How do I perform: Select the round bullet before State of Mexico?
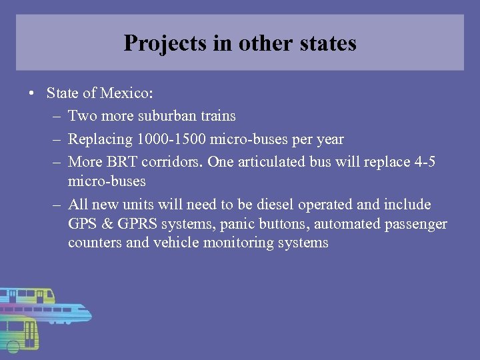(x=32, y=93)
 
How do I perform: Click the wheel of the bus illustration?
(x=14, y=346)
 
